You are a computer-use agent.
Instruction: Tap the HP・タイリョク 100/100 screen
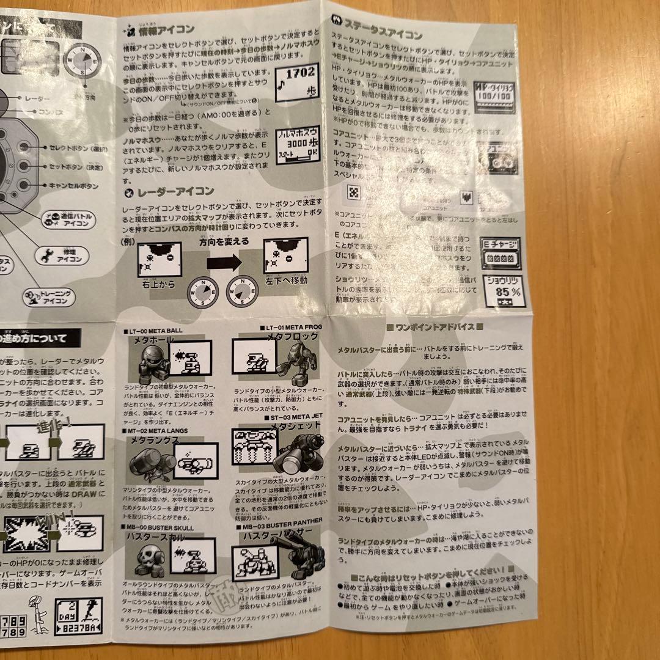(x=497, y=95)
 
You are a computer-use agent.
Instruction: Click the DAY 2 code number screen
(x=78, y=617)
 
